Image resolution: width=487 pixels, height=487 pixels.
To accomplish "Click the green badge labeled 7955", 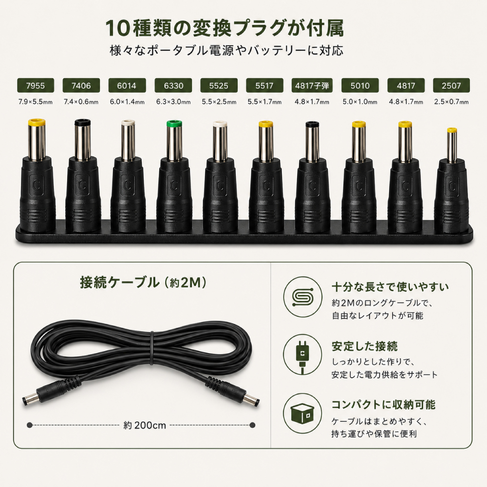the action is (x=36, y=85).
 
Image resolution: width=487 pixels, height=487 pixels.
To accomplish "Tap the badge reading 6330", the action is (x=173, y=85).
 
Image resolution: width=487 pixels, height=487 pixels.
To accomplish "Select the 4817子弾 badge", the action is (x=312, y=85).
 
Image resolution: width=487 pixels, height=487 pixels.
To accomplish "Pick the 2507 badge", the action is (x=451, y=85).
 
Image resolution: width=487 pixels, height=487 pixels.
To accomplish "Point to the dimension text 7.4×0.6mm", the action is (x=81, y=102).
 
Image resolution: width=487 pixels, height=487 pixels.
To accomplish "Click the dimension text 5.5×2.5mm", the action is (x=219, y=102).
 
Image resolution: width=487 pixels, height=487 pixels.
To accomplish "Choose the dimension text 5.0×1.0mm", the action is (x=360, y=102).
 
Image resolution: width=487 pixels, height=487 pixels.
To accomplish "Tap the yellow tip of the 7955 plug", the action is (x=37, y=121).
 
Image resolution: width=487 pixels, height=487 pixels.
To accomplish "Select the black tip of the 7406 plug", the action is (x=82, y=122).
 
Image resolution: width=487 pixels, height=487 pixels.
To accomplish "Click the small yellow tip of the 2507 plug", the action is (x=452, y=131).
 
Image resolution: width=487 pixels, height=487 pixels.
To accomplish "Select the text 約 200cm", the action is (x=145, y=425).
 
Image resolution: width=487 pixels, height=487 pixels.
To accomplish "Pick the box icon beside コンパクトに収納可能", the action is (x=302, y=413).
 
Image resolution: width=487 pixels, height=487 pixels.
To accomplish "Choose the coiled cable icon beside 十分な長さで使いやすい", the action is (x=302, y=297).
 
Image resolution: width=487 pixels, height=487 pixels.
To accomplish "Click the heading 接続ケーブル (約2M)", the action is (x=143, y=282).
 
